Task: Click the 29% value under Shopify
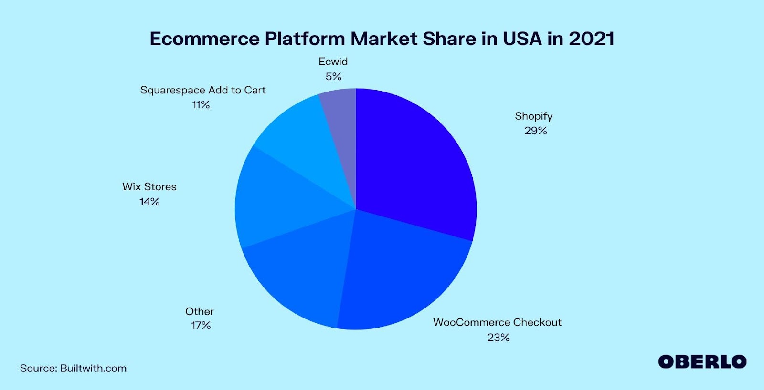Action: tap(535, 131)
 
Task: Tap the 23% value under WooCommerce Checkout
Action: tap(498, 337)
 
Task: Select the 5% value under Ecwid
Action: tap(333, 76)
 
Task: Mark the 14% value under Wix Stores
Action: tap(149, 202)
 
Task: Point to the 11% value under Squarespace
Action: tap(201, 104)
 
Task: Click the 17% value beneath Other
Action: tap(201, 325)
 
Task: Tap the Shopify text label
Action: tap(533, 116)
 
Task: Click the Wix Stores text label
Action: tap(149, 186)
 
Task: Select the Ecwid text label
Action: tap(333, 62)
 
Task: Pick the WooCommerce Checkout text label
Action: tap(497, 322)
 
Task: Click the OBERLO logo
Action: tap(702, 362)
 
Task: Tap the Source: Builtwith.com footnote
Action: tap(73, 368)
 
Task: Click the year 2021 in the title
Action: tap(591, 39)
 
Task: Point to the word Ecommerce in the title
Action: tap(204, 39)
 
